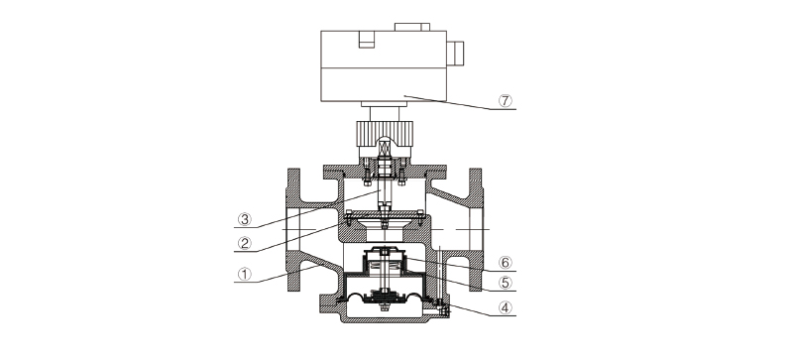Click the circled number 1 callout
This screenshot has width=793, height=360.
(245, 274)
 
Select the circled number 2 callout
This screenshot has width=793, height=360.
(245, 244)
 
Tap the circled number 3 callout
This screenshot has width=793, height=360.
(245, 219)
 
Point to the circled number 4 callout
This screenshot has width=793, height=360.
(506, 307)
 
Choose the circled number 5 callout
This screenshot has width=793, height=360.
(506, 283)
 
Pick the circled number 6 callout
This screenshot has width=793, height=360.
(506, 262)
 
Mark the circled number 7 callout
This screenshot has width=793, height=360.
(506, 101)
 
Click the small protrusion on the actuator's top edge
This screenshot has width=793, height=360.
(412, 27)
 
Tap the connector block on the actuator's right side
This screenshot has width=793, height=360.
(455, 54)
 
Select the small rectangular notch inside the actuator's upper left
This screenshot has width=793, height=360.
(367, 40)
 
